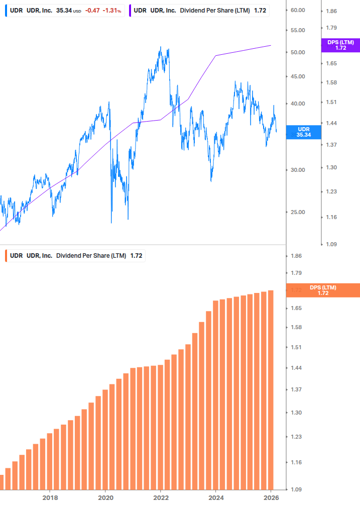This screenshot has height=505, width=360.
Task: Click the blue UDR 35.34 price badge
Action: (303, 132)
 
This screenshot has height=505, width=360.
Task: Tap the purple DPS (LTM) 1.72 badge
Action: (340, 45)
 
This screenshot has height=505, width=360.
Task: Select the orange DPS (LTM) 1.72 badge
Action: (323, 290)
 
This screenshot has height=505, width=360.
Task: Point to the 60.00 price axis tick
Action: (298, 10)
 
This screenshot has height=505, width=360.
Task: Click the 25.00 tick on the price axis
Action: (298, 212)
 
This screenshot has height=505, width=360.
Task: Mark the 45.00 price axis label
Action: (298, 77)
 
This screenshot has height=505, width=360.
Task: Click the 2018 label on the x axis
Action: (50, 497)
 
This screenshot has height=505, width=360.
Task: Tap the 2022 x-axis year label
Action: (160, 497)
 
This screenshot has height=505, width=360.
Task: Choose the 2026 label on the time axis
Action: (271, 497)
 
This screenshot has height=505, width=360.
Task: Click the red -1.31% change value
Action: (112, 10)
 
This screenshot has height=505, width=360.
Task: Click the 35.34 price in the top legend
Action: (64, 10)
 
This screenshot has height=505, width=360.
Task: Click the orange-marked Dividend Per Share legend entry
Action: (76, 255)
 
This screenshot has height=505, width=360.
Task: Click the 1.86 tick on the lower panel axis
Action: (296, 256)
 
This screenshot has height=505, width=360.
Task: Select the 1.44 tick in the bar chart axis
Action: (296, 368)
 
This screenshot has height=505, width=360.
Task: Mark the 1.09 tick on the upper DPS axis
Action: (331, 244)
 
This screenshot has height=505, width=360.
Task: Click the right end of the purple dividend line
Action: (271, 45)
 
